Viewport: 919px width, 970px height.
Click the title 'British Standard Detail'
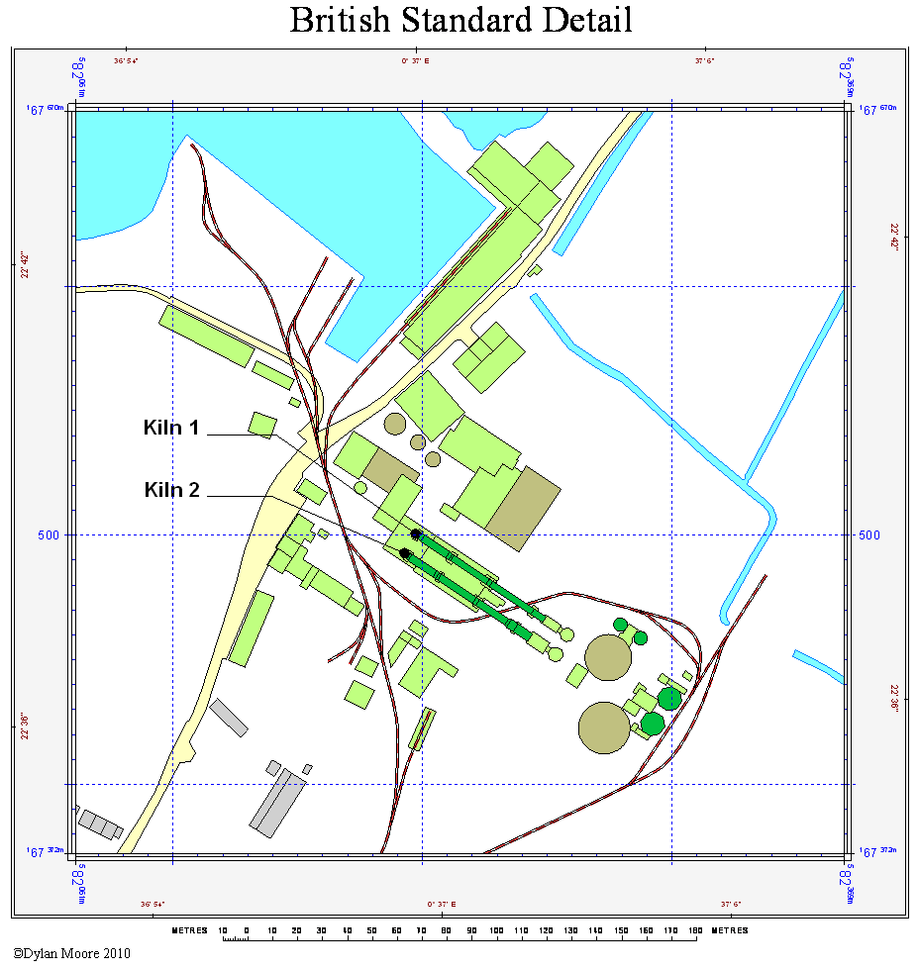460,20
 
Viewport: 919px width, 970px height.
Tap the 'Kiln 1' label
171,428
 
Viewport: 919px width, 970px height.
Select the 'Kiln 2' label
171,489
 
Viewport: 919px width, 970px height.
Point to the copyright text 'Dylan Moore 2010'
70,954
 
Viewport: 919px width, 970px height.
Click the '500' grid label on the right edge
869,534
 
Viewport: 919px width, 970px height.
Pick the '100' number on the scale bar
496,930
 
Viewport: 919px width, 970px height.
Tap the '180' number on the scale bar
695,930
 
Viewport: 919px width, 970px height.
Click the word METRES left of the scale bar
190,930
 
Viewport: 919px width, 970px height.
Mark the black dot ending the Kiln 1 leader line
416,534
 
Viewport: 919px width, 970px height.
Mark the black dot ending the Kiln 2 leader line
405,553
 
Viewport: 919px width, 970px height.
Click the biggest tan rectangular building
524,508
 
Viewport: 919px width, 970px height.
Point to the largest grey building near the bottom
276,802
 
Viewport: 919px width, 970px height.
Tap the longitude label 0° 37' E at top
416,61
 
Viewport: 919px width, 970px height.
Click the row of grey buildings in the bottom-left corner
99,824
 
